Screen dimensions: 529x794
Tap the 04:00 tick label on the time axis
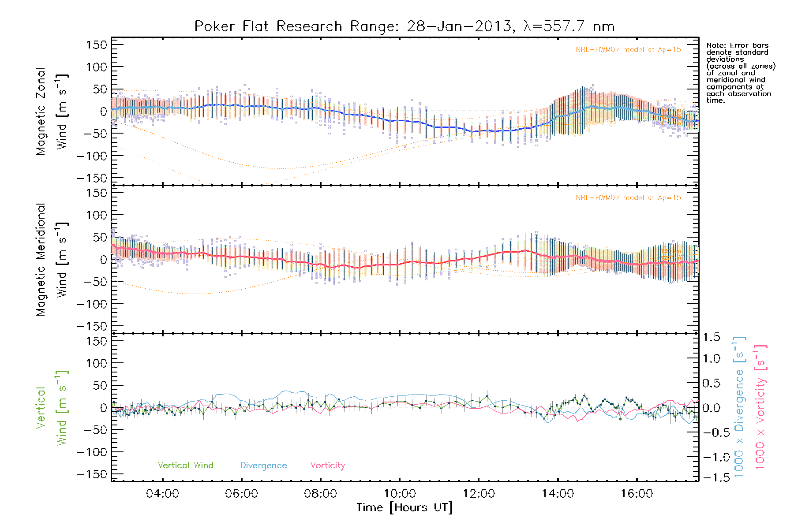162,494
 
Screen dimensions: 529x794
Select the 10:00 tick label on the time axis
400,494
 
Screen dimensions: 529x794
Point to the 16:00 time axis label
637,494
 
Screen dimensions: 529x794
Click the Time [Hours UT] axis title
404,508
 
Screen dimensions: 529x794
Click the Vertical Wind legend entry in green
185,466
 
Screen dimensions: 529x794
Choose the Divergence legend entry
263,466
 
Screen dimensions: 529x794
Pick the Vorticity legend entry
327,466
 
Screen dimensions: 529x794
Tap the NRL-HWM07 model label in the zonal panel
628,50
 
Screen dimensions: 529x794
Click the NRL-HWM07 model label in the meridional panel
628,198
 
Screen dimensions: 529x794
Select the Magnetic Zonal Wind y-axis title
52,112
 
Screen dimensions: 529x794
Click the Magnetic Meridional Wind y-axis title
52,260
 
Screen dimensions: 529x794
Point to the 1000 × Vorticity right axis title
761,407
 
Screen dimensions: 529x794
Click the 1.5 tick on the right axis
711,337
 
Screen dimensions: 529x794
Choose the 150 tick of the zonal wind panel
97,45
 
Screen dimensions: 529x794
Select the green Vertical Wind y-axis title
52,408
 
